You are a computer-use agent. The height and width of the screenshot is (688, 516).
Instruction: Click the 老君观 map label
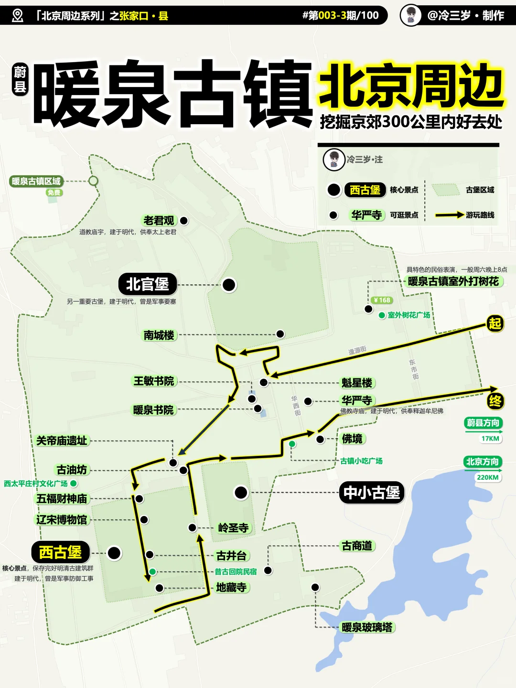(159, 221)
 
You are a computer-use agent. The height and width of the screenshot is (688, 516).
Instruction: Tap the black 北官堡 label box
(148, 285)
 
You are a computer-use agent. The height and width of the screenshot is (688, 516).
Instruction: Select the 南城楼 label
(159, 335)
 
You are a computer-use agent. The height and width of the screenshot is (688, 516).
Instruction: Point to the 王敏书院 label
(154, 381)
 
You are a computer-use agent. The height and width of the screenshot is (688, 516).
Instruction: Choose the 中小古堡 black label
(372, 493)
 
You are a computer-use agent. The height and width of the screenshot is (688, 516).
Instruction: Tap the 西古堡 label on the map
(61, 552)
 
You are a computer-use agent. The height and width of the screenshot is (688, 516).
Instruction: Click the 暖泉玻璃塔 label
(367, 627)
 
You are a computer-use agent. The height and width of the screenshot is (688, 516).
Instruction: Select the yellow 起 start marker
(495, 324)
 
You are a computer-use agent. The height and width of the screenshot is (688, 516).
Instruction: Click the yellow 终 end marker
(495, 401)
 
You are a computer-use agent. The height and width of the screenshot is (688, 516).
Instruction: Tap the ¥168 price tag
(382, 300)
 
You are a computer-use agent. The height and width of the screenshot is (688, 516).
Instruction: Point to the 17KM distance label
(490, 439)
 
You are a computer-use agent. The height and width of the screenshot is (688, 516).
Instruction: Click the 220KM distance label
(488, 477)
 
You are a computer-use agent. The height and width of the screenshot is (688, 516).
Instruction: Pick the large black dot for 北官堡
(229, 285)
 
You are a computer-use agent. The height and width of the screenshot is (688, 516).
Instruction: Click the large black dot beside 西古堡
(114, 553)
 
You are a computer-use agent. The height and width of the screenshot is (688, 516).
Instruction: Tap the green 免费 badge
(54, 193)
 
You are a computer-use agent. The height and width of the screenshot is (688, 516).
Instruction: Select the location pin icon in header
(18, 16)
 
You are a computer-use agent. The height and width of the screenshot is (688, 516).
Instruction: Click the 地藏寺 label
(231, 588)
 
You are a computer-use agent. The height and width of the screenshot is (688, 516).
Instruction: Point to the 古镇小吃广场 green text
(361, 461)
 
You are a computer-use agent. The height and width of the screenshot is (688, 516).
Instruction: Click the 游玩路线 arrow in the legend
(449, 215)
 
